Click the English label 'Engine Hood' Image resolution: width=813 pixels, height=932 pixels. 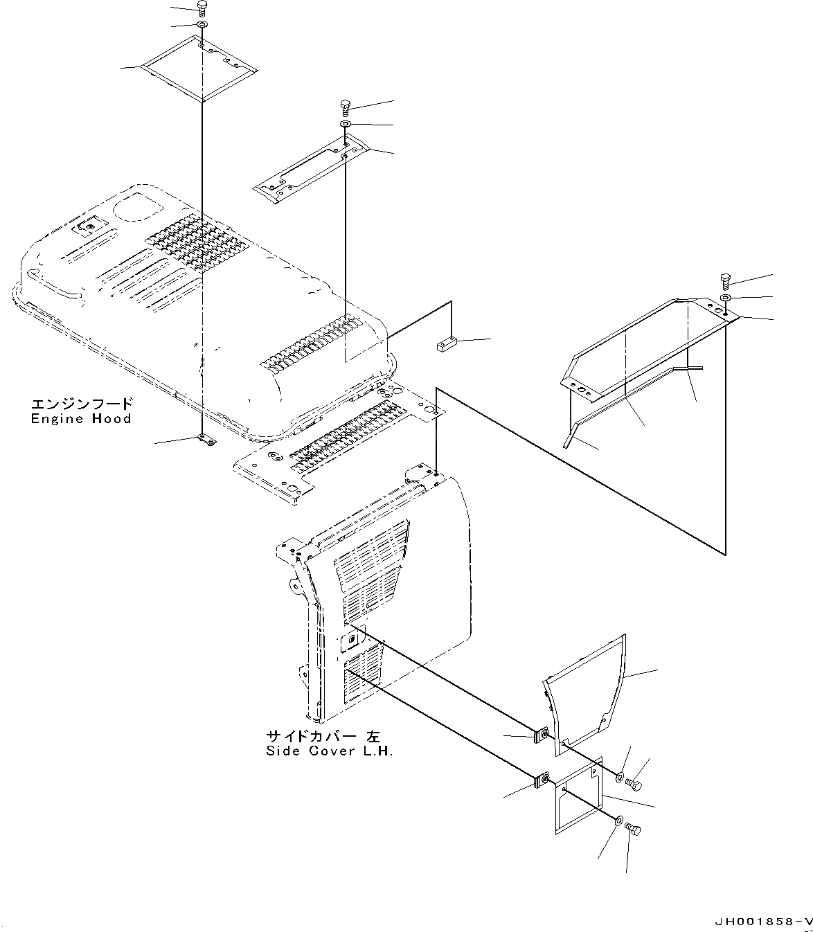pyautogui.click(x=80, y=418)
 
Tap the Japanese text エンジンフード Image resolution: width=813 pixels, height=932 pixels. pyautogui.click(x=80, y=404)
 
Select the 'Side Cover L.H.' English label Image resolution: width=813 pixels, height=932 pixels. pyautogui.click(x=329, y=751)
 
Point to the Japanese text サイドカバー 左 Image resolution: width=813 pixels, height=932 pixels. pyautogui.click(x=323, y=736)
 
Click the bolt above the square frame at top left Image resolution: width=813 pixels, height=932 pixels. pyautogui.click(x=202, y=9)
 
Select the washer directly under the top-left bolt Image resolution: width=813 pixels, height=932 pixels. pyautogui.click(x=202, y=26)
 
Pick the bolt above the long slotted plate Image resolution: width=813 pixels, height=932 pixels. pyautogui.click(x=346, y=106)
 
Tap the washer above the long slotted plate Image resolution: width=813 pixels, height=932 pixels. pyautogui.click(x=345, y=124)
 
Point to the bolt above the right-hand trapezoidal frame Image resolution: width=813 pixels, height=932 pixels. pyautogui.click(x=726, y=280)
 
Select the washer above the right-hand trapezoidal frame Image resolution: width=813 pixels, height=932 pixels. pyautogui.click(x=725, y=298)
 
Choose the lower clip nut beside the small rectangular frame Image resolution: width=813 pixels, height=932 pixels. pyautogui.click(x=541, y=781)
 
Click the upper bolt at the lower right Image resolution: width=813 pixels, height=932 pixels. pyautogui.click(x=634, y=784)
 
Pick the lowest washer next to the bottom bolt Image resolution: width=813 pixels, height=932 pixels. pyautogui.click(x=617, y=821)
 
